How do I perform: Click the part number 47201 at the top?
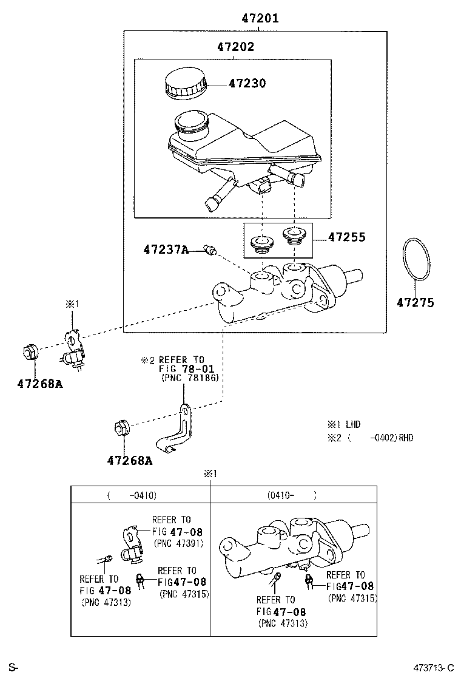click(260, 18)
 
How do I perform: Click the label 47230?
click(247, 83)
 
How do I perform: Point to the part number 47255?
click(347, 237)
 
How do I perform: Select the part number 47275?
click(416, 303)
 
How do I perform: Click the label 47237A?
click(166, 249)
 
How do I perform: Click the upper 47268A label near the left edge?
click(39, 383)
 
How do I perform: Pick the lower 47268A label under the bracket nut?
click(130, 461)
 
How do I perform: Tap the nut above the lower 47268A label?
click(120, 429)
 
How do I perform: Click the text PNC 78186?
click(190, 378)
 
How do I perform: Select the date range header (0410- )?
click(292, 495)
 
